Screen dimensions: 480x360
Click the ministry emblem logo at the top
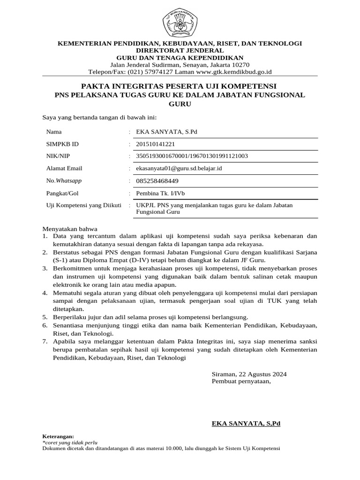(x=180, y=21)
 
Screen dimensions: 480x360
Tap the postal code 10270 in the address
(x=240, y=65)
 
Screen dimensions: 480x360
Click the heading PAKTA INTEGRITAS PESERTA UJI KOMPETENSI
(x=180, y=86)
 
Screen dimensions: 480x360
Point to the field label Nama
(x=54, y=132)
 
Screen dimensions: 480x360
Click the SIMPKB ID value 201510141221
(x=155, y=144)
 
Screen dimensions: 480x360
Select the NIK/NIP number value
(x=192, y=156)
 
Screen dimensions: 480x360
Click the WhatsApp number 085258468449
(x=157, y=180)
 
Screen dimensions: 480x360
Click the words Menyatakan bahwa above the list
(x=70, y=229)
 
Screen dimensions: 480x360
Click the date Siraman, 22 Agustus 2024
(x=249, y=374)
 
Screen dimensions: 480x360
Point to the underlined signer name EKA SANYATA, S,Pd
(x=246, y=423)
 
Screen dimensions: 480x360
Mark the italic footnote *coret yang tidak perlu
(x=70, y=442)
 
